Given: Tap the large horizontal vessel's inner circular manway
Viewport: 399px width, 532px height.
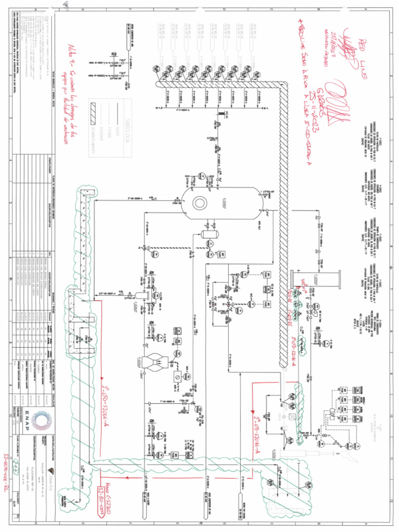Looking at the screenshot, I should [x=201, y=203].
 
